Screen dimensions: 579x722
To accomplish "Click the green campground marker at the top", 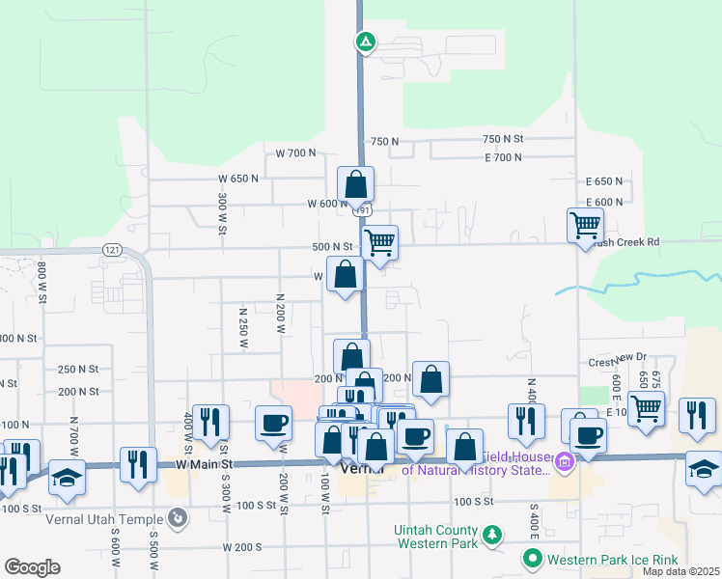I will click(366, 41).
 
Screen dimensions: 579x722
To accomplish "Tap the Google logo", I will click(32, 567).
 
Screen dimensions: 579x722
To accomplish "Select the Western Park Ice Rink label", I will click(613, 560).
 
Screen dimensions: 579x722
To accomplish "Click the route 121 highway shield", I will click(112, 250).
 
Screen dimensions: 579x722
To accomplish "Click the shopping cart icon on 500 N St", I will click(380, 241).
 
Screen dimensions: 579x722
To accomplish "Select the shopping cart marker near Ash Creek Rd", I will click(585, 227).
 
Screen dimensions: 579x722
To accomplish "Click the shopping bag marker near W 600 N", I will click(355, 183).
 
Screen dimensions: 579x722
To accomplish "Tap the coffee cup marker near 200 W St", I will click(273, 422).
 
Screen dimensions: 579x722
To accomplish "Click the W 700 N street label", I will click(295, 153).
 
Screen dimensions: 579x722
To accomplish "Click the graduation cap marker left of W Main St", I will click(67, 478).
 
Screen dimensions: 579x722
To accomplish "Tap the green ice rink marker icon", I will click(531, 559).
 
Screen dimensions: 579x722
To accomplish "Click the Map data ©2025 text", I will click(680, 571).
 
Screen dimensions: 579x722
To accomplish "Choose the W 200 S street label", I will click(241, 546).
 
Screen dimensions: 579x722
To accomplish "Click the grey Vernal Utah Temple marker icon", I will click(177, 519).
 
